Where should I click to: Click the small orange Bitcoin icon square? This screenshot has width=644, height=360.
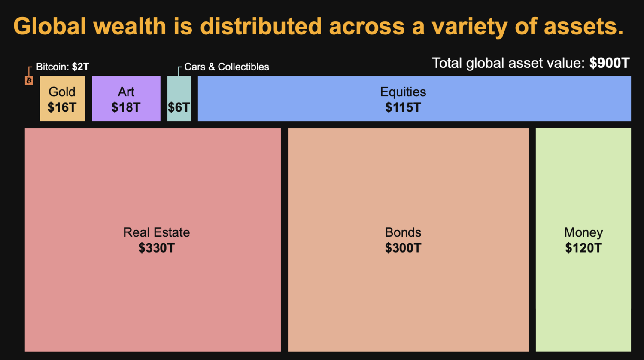coord(29,80)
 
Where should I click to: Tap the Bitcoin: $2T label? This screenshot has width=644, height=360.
coord(62,67)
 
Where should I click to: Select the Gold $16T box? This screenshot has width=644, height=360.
coord(62,99)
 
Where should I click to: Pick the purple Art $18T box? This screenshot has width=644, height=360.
coord(126,99)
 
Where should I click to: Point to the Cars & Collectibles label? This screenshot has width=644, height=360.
coord(226,67)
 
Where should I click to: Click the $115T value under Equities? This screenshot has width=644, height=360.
coord(403,107)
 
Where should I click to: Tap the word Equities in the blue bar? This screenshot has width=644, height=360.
coord(403,92)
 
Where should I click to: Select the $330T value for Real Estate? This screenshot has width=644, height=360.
coord(156,248)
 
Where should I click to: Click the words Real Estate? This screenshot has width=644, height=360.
coord(156,232)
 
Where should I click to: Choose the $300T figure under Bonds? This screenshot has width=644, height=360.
coord(403,248)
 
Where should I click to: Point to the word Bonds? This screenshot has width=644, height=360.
coord(403,232)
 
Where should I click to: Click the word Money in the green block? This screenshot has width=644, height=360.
coord(583,232)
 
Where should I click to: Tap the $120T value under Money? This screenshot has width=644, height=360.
coord(583,248)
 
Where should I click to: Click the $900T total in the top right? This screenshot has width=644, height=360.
coord(609,64)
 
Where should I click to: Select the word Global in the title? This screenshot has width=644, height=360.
coord(50,26)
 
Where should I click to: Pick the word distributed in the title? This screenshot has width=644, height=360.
coord(261,26)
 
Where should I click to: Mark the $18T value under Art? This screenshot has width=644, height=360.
coord(126,107)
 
